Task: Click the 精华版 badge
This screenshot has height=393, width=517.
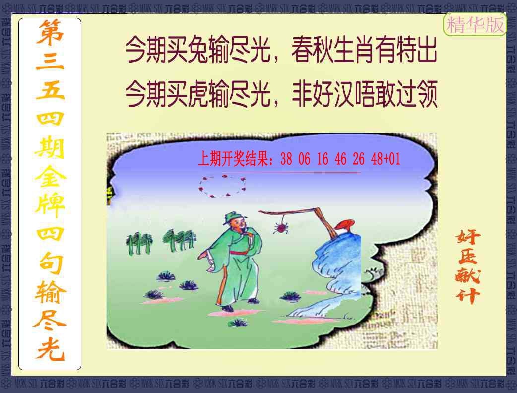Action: click(475, 25)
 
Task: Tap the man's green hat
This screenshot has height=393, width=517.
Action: click(232, 217)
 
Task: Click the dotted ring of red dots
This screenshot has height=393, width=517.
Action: click(223, 186)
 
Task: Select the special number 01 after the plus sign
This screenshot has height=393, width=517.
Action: click(394, 159)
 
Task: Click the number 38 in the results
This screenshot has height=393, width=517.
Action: click(286, 159)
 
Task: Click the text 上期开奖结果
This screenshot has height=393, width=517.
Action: click(235, 159)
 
